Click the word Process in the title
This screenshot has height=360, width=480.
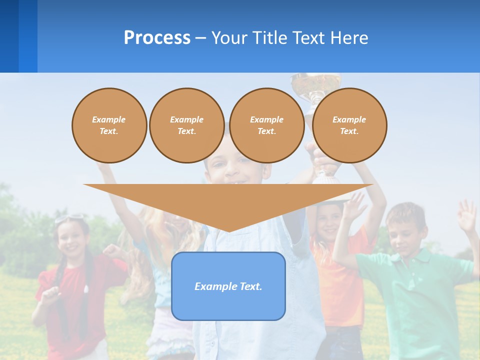click(x=157, y=37)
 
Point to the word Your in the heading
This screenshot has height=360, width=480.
click(x=229, y=37)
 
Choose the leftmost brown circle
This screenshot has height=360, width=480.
click(x=109, y=125)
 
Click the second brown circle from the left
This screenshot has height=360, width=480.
click(x=186, y=125)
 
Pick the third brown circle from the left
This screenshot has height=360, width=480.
click(x=266, y=125)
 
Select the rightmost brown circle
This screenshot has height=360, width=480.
click(x=349, y=125)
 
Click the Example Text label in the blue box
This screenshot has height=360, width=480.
click(x=228, y=286)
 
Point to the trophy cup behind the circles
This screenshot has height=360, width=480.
click(x=316, y=83)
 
